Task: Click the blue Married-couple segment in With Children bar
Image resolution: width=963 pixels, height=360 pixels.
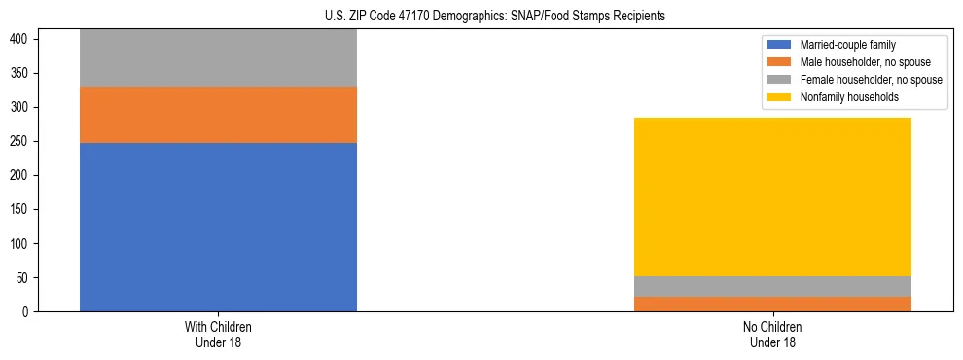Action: (x=218, y=227)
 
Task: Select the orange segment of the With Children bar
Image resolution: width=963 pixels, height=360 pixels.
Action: (x=218, y=115)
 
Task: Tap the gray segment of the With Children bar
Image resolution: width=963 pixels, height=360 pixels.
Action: (x=218, y=58)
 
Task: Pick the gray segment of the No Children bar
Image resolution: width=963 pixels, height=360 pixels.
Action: (x=772, y=286)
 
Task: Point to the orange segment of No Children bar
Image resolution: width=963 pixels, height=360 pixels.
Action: (x=772, y=304)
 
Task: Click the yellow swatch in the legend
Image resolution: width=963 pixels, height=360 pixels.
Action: (x=779, y=97)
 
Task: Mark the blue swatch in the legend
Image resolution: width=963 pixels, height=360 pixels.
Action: (x=779, y=45)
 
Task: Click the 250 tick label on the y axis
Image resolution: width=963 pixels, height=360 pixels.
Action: (x=22, y=141)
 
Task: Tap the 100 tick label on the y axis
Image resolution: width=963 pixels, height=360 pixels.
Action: (x=22, y=244)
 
